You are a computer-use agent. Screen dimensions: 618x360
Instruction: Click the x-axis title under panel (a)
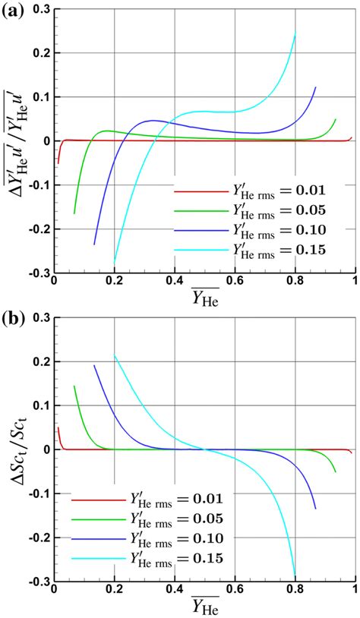[x=205, y=298]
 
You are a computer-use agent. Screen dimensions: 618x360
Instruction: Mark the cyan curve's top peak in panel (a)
[x=295, y=34]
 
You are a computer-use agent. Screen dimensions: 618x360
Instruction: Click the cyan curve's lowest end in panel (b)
[x=295, y=575]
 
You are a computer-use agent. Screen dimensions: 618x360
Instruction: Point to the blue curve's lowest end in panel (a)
[x=94, y=244]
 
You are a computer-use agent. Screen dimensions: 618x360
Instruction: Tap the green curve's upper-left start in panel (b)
[x=74, y=386]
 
